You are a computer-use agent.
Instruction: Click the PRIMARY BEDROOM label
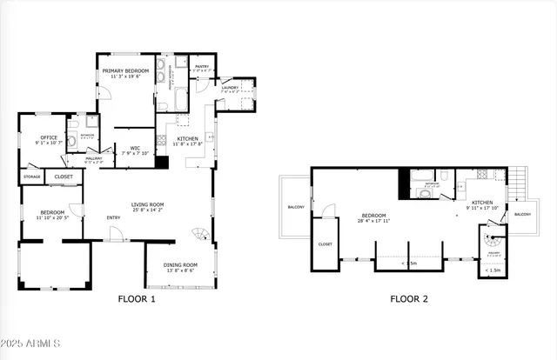[x=125, y=70]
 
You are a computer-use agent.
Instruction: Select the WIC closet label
[x=136, y=149]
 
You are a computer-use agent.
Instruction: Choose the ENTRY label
[x=114, y=217]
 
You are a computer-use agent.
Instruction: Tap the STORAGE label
[x=31, y=177]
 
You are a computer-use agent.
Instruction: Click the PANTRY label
[x=201, y=66]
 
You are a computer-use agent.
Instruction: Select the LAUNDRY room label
[x=230, y=87]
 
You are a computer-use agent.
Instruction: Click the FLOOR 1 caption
[x=137, y=299]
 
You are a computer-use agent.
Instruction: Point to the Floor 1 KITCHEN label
[x=188, y=139]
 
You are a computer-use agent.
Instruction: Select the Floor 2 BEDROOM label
[x=374, y=216]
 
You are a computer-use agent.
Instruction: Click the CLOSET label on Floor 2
[x=325, y=244]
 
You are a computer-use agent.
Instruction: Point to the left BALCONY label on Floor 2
[x=295, y=207]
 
